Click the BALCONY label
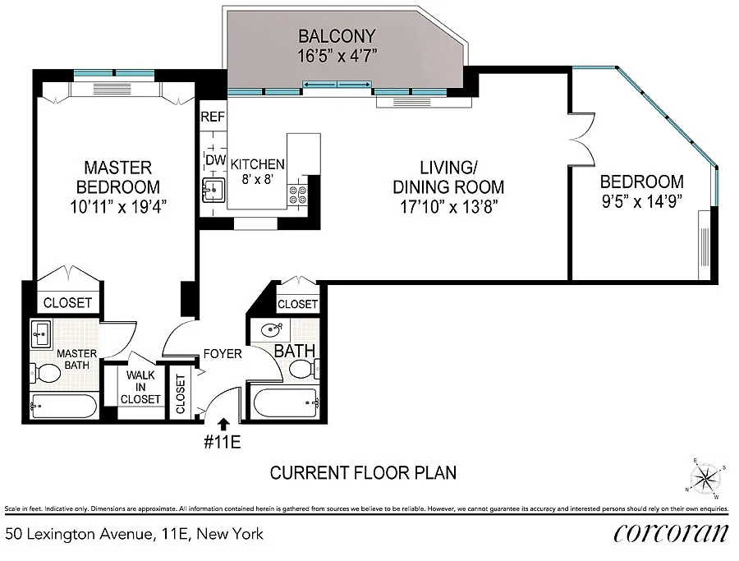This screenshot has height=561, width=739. [337, 36]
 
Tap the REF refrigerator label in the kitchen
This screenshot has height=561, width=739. [213, 117]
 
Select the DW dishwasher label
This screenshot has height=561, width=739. [215, 160]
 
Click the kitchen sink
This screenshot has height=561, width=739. [213, 190]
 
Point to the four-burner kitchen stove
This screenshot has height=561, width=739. [297, 195]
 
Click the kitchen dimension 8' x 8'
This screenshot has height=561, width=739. [257, 179]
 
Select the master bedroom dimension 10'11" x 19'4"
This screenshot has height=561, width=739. [117, 206]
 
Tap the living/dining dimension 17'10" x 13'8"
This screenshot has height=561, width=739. [448, 206]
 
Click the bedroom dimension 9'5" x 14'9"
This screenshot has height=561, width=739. [642, 202]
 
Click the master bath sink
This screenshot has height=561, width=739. [41, 333]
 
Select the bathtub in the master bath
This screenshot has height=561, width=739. [63, 406]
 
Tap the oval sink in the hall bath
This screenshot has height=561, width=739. [271, 329]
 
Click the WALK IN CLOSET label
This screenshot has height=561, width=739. [140, 387]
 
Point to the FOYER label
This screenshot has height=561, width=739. [223, 353]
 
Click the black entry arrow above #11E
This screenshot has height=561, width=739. [223, 424]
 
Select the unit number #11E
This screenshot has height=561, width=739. [223, 442]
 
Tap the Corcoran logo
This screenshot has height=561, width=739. [671, 533]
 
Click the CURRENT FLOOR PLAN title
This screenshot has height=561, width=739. [364, 473]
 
